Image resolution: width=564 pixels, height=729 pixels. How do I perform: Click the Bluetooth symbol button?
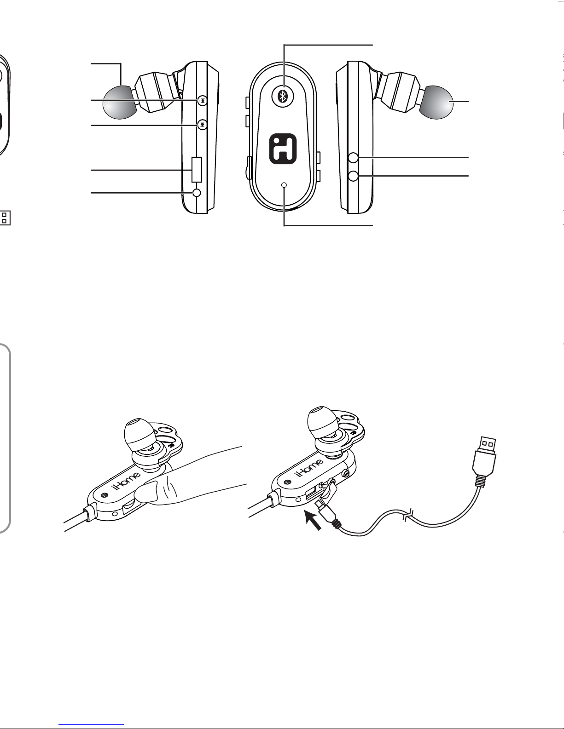click(283, 96)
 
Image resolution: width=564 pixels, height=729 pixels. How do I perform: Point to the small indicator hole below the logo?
click(285, 185)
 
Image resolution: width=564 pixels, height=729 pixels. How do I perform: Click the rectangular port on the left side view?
click(197, 169)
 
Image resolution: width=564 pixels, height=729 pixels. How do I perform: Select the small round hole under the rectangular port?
click(197, 193)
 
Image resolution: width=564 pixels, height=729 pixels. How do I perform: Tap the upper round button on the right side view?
click(354, 157)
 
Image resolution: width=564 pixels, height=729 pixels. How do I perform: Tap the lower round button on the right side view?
click(354, 176)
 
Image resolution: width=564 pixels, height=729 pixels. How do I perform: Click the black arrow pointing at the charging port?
click(313, 519)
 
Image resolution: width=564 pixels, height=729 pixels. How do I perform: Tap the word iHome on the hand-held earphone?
click(127, 481)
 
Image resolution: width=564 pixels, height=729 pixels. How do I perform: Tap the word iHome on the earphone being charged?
click(309, 467)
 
